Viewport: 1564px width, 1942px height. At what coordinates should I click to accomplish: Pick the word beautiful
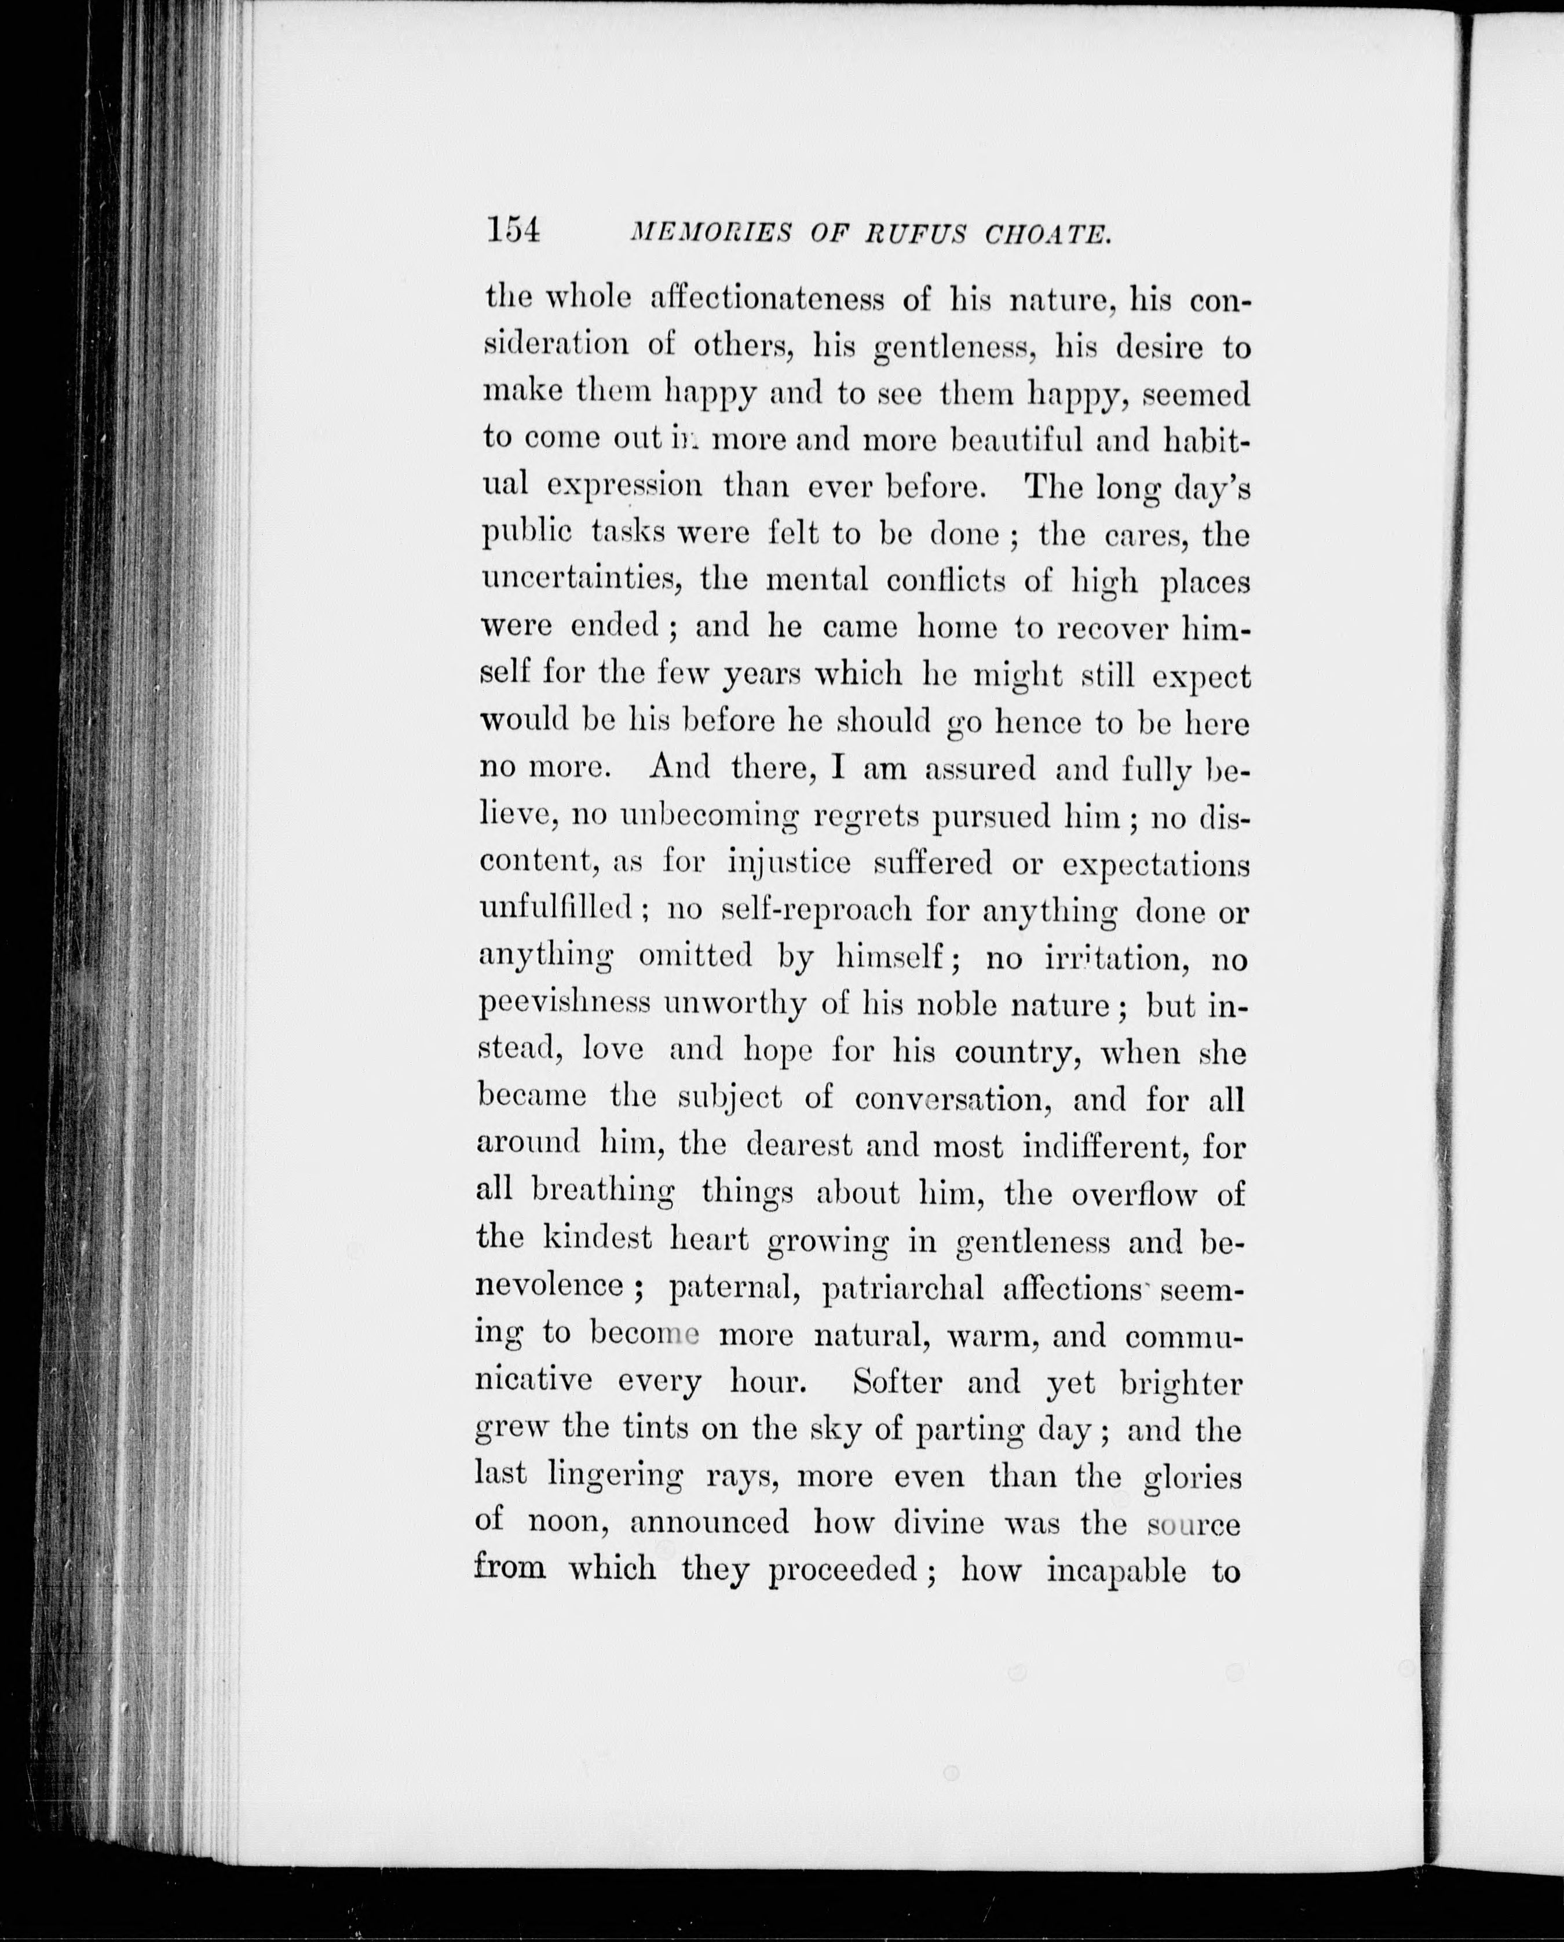coord(1015,440)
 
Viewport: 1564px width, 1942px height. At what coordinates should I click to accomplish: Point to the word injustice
coord(788,863)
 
